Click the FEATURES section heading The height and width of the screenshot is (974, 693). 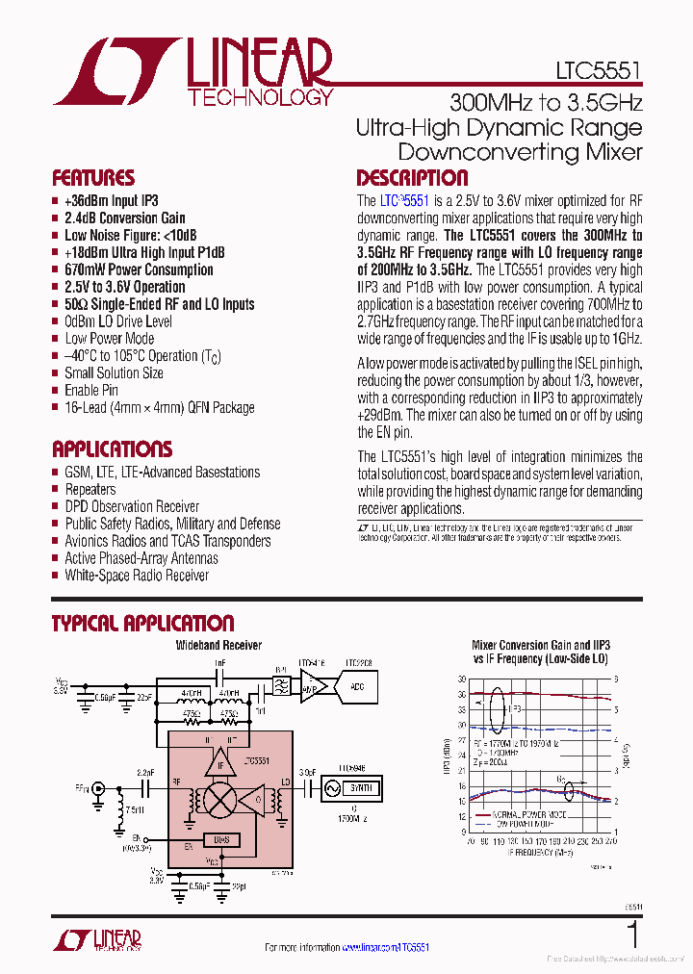tap(93, 178)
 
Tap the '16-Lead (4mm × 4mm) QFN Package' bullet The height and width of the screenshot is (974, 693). tap(159, 407)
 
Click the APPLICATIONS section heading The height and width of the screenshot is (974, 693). tap(112, 449)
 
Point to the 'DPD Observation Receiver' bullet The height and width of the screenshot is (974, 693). tap(132, 506)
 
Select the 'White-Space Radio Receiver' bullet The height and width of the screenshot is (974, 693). tap(136, 576)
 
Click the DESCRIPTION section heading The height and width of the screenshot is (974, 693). tap(412, 178)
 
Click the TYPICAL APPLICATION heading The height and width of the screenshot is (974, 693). tap(142, 624)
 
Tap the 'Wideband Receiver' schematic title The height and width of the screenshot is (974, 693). tap(218, 646)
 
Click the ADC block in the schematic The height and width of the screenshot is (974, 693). tap(356, 686)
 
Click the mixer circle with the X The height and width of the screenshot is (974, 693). tap(221, 798)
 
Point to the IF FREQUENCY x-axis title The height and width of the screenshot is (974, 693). tap(532, 852)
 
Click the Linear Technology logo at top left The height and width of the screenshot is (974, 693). tap(192, 72)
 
